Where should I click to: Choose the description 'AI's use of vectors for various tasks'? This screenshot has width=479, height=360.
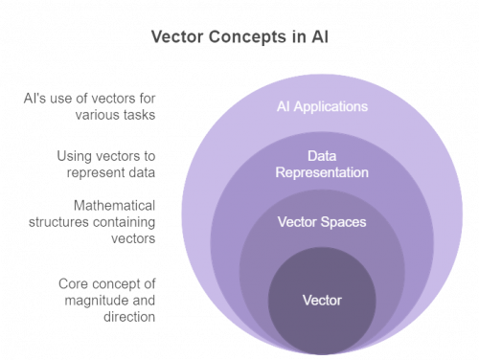(x=91, y=105)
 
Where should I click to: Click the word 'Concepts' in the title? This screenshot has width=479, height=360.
(x=239, y=37)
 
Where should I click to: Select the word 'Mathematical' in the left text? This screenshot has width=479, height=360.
(x=114, y=207)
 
